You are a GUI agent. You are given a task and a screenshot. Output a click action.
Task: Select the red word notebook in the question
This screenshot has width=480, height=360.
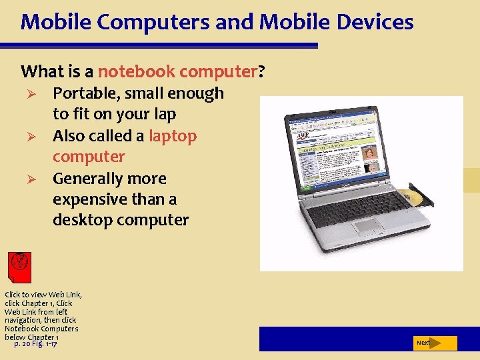(x=137, y=71)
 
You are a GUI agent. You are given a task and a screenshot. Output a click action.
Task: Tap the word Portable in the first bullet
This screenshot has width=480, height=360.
(x=84, y=93)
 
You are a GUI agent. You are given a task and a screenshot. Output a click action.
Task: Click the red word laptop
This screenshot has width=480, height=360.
(x=173, y=136)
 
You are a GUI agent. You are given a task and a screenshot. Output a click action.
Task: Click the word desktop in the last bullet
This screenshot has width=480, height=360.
(x=83, y=220)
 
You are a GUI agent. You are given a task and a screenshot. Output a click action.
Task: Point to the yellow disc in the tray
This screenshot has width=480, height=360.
(x=409, y=197)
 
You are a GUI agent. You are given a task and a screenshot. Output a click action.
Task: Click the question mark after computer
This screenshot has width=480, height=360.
(x=261, y=71)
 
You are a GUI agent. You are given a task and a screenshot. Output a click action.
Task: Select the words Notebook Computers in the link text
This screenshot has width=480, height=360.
(x=41, y=329)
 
